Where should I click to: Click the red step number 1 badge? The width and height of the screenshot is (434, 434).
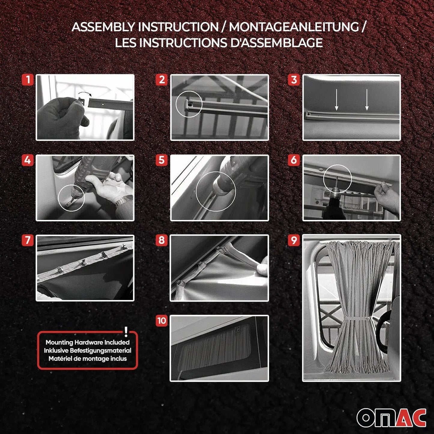[x=28, y=80]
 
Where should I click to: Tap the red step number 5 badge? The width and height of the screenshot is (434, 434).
[x=162, y=160]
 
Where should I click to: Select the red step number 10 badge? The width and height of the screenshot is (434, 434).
[x=162, y=320]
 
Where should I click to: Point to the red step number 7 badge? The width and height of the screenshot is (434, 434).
[x=28, y=240]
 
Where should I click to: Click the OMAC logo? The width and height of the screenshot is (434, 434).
[x=391, y=417]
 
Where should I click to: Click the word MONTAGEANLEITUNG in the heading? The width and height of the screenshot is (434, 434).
[x=294, y=27]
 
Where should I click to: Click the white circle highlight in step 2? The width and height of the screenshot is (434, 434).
[x=189, y=104]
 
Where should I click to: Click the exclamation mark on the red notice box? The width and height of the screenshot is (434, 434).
[x=126, y=332]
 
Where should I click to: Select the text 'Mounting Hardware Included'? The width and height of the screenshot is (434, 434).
[x=87, y=342]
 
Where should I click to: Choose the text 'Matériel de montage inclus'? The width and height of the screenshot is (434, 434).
[x=87, y=359]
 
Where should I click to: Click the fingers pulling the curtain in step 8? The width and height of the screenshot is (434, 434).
[x=263, y=266]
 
